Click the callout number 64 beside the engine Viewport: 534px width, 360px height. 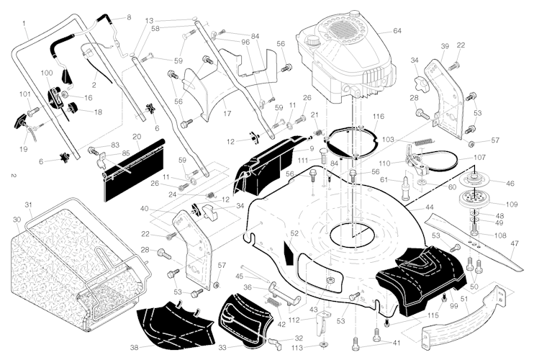click(x=397, y=31)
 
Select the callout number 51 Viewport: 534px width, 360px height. click(x=464, y=300)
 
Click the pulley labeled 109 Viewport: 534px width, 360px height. click(x=471, y=199)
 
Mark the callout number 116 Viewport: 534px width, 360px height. click(x=379, y=116)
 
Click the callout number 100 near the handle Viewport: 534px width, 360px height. click(x=47, y=73)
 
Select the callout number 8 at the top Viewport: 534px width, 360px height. click(x=129, y=17)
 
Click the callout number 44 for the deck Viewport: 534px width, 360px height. click(x=429, y=207)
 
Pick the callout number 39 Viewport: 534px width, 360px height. click(x=445, y=46)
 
